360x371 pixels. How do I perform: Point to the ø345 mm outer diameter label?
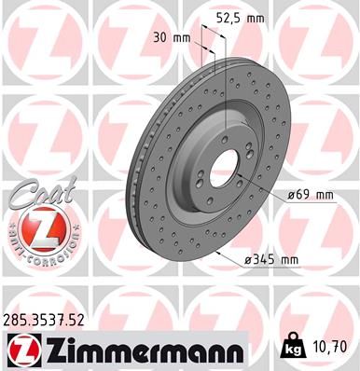point(271,259)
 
